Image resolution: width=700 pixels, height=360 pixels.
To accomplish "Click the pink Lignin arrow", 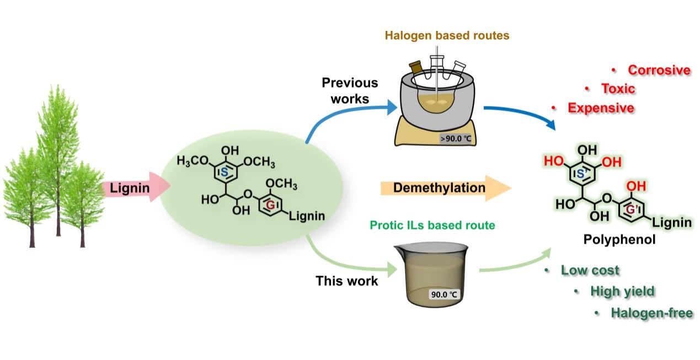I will (132, 189).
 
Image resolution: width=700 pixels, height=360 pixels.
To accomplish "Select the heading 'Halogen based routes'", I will (447, 36).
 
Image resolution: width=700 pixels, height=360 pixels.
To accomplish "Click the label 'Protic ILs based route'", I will (432, 225).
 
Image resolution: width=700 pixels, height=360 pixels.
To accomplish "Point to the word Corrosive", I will (659, 71).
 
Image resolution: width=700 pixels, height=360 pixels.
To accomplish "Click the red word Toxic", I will (618, 89).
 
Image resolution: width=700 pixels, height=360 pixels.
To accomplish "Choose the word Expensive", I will (601, 108).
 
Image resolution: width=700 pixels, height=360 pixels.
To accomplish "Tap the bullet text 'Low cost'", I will (590, 270).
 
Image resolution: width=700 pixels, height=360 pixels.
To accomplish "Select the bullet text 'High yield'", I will (622, 291).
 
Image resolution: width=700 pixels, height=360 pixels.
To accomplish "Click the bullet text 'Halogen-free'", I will (651, 313).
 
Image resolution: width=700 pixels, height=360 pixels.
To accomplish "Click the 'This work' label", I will (346, 281).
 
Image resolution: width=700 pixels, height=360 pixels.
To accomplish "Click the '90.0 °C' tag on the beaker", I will (444, 294).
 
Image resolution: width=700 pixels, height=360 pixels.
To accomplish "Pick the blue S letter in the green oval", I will (225, 173).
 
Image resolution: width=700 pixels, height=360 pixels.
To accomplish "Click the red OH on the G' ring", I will (636, 187).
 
